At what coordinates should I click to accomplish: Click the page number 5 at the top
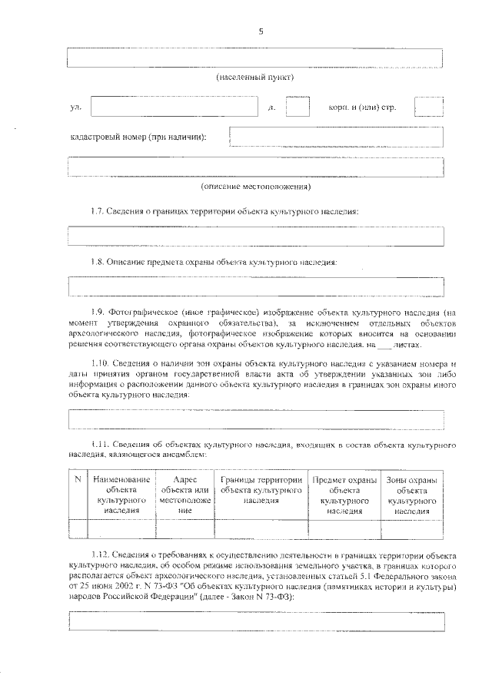(x=261, y=31)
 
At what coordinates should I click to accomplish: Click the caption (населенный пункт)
(x=254, y=78)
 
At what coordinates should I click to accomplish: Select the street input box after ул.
(x=174, y=107)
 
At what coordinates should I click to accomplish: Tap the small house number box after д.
(x=298, y=107)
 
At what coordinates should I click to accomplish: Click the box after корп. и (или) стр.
(x=428, y=107)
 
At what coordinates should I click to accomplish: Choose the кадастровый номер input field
(x=337, y=137)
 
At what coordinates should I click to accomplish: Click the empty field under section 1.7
(x=256, y=236)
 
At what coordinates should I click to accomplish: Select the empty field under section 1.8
(x=256, y=286)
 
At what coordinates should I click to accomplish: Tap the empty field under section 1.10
(x=256, y=419)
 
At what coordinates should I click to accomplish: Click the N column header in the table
(x=78, y=480)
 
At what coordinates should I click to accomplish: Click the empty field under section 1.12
(x=256, y=621)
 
